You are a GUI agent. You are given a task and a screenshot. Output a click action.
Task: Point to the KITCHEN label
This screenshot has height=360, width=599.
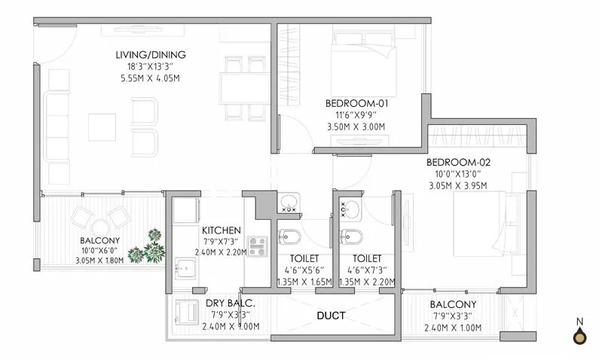(221, 230)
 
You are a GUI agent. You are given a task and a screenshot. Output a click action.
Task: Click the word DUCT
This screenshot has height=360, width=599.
(331, 316)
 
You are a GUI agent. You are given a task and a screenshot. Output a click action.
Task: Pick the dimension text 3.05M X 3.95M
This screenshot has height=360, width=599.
(457, 185)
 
